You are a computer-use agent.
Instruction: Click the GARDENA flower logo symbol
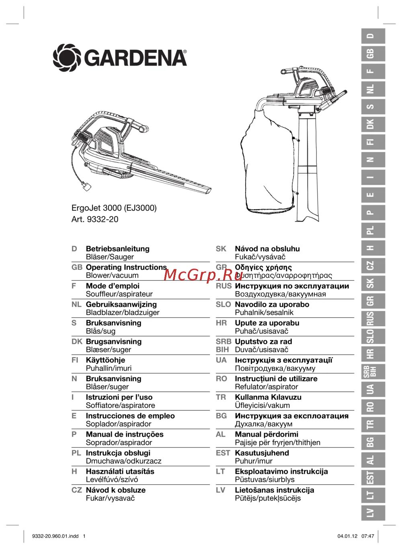click(67, 58)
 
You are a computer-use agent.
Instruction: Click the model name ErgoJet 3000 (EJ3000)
click(114, 208)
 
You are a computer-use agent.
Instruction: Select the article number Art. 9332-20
click(95, 220)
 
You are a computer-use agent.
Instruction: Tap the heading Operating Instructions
click(126, 267)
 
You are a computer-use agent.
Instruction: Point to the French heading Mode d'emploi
click(113, 286)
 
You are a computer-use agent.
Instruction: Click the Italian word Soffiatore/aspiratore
click(120, 405)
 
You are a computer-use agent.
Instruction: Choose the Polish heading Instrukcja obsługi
click(118, 453)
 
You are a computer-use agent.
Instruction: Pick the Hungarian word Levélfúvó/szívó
click(112, 479)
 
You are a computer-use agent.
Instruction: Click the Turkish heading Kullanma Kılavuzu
click(268, 397)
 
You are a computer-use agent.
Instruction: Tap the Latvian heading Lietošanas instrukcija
click(275, 490)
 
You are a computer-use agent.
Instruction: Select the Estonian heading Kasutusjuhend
click(262, 453)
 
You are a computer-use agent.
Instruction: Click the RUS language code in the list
click(224, 286)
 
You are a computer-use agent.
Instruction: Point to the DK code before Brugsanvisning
click(77, 341)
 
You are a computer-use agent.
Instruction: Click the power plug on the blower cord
click(86, 186)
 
